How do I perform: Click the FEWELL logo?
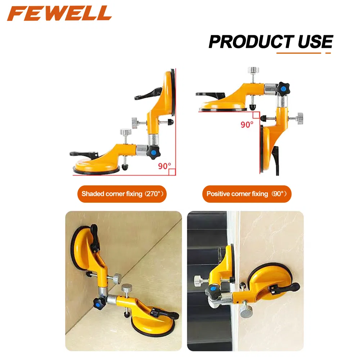59,13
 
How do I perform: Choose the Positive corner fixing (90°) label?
247,194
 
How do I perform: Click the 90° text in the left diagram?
165,166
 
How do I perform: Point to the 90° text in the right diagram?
247,124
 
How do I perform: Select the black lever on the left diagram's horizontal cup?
82,154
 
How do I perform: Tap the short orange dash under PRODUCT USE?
328,53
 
